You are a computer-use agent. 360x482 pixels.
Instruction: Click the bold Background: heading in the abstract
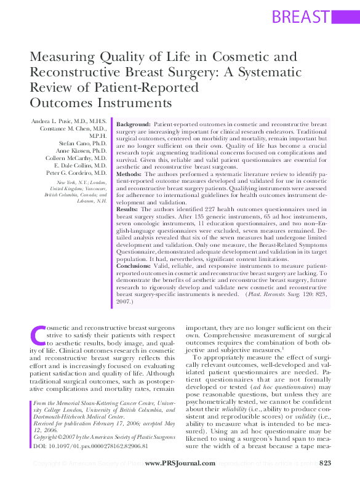tap(134, 125)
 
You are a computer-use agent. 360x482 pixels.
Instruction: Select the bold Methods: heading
tap(130, 175)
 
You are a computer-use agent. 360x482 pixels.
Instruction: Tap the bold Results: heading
tap(129, 209)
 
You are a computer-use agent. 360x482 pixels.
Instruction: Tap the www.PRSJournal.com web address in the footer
tap(180, 463)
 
